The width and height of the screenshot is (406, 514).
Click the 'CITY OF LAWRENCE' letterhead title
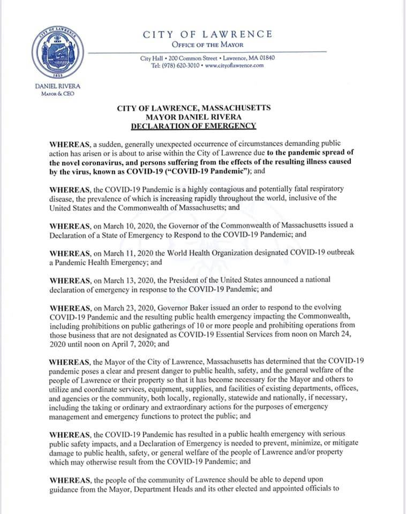tap(207, 34)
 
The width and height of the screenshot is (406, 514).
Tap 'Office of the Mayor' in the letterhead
tap(207, 44)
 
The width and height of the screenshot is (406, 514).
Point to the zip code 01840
tap(266, 58)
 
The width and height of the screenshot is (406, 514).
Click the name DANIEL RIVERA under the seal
tap(55, 86)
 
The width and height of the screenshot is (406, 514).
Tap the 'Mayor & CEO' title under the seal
tap(55, 94)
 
